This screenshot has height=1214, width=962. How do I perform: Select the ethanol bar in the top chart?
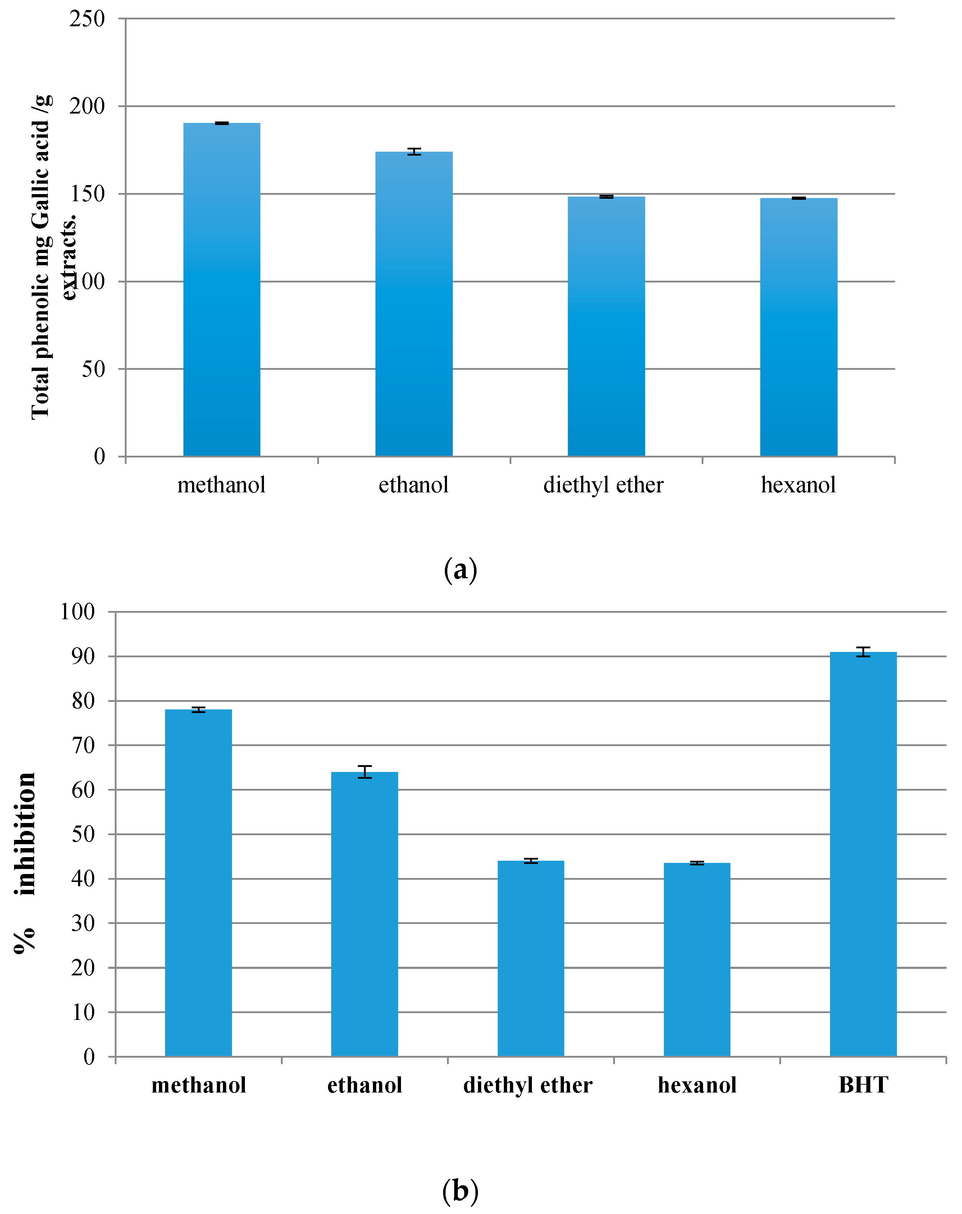[414, 304]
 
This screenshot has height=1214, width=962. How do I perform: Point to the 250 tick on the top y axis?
[87, 19]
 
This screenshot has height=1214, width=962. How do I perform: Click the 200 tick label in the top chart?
[87, 106]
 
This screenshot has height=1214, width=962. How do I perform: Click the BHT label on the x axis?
[863, 1085]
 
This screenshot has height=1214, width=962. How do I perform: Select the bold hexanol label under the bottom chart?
[697, 1085]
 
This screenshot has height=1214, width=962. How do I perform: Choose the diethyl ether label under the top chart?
[603, 485]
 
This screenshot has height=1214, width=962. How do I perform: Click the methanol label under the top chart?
[222, 485]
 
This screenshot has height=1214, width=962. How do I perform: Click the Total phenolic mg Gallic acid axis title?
[42, 256]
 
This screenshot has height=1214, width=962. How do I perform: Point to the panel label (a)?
[460, 570]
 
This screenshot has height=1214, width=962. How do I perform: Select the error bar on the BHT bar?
[863, 652]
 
